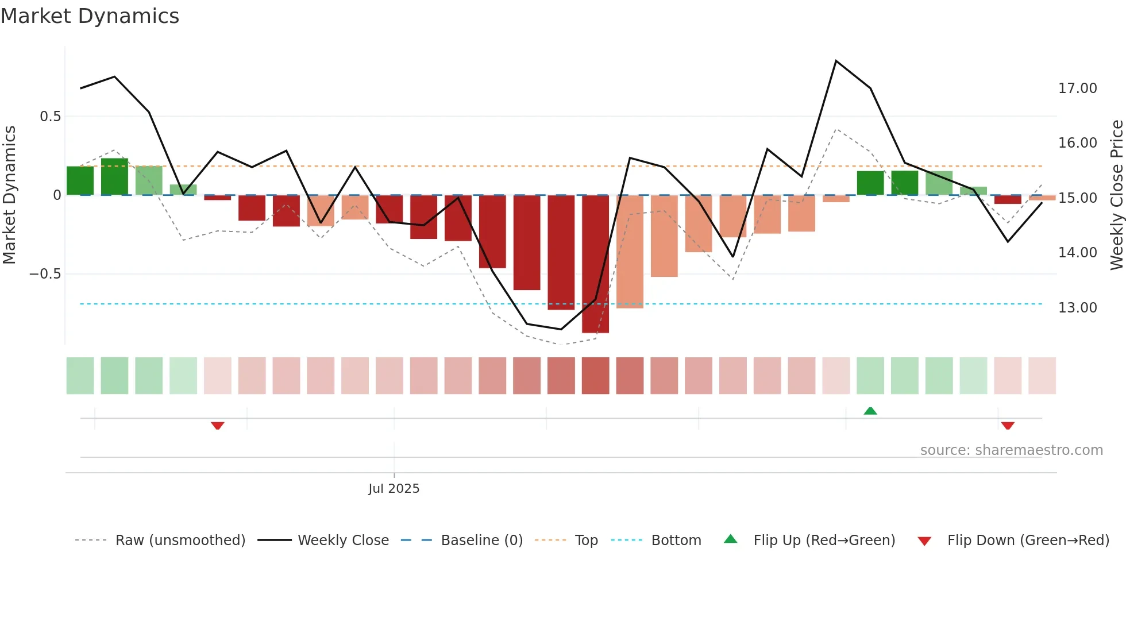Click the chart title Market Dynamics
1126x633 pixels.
pyautogui.click(x=90, y=16)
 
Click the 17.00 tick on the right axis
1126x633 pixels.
pyautogui.click(x=1077, y=88)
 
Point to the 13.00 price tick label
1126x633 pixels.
pyautogui.click(x=1077, y=308)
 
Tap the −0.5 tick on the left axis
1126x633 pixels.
pyautogui.click(x=45, y=274)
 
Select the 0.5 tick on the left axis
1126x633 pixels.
pyautogui.click(x=50, y=117)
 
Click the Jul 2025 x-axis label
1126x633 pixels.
pyautogui.click(x=394, y=489)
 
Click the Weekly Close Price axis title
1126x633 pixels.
pyautogui.click(x=1117, y=195)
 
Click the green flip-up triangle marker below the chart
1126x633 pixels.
pyautogui.click(x=870, y=411)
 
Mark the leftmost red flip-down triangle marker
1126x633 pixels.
pyautogui.click(x=217, y=426)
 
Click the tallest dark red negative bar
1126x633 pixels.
pyautogui.click(x=595, y=264)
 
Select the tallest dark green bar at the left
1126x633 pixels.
pyautogui.click(x=114, y=177)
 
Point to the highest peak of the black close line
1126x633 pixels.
pyautogui.click(x=836, y=61)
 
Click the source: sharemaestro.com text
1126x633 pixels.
pyautogui.click(x=1011, y=450)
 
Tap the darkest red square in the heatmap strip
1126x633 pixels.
pyautogui.click(x=595, y=376)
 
